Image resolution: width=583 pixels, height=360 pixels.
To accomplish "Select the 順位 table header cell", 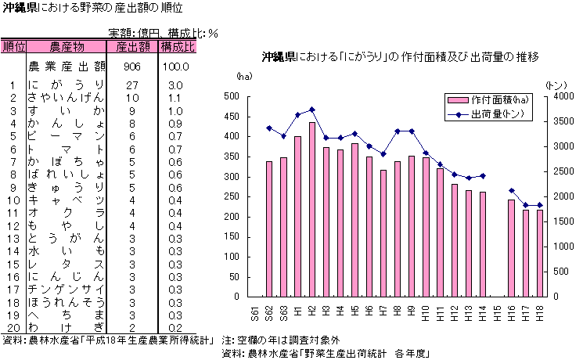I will (x=13, y=47).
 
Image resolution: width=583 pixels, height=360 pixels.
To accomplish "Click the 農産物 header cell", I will (x=67, y=47).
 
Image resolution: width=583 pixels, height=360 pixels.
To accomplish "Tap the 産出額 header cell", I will (x=131, y=47).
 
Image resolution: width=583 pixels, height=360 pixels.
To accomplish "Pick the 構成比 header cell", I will (x=177, y=47).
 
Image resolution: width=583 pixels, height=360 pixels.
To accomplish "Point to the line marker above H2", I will (x=311, y=110).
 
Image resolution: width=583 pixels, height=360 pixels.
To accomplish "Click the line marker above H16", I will (x=511, y=190).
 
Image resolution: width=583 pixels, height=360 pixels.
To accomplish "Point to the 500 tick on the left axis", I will (x=232, y=96).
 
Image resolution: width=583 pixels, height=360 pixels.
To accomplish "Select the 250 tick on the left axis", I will (x=232, y=196).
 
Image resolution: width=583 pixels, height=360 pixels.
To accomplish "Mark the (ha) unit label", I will (x=244, y=76).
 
